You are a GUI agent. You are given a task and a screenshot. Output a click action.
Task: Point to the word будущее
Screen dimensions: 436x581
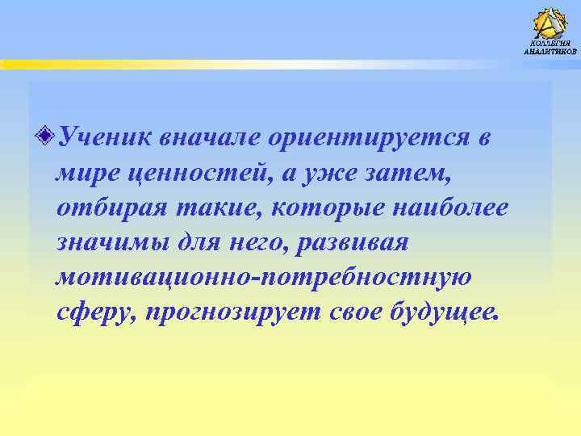(x=443, y=312)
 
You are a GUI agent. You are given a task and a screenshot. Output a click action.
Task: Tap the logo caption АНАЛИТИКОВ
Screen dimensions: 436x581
(x=550, y=52)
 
